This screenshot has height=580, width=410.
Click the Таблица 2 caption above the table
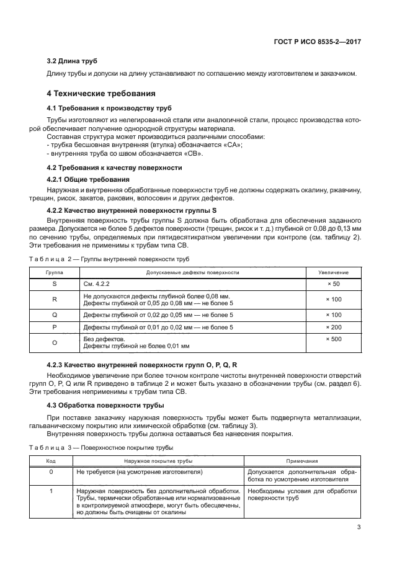tap(109, 259)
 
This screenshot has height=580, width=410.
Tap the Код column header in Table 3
tap(51, 461)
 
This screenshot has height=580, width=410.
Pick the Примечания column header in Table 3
tap(302, 461)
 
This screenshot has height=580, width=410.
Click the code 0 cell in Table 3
tap(51, 471)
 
